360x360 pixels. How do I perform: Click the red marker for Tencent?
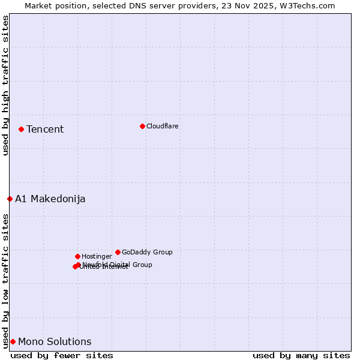pos(21,129)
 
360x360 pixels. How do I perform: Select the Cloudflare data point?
pos(142,126)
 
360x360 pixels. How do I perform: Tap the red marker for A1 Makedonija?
pos(10,199)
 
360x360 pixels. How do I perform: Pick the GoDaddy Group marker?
pos(118,252)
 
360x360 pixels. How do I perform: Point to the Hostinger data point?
pos(77,256)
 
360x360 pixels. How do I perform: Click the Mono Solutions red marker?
pos(13,341)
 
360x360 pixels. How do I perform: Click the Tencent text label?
pos(45,130)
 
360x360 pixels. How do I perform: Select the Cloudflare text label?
pos(162,127)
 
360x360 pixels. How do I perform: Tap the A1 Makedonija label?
pos(50,199)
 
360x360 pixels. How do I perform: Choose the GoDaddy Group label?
pos(147,253)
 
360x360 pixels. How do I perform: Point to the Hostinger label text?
pos(97,257)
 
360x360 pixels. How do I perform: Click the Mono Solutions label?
pos(55,342)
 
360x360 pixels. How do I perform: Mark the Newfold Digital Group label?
pos(118,265)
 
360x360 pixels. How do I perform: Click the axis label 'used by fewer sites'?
pos(62,355)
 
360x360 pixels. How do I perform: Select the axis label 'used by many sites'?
pos(301,355)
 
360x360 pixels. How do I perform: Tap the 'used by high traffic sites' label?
pos(5,86)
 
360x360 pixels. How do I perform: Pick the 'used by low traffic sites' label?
pos(5,281)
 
